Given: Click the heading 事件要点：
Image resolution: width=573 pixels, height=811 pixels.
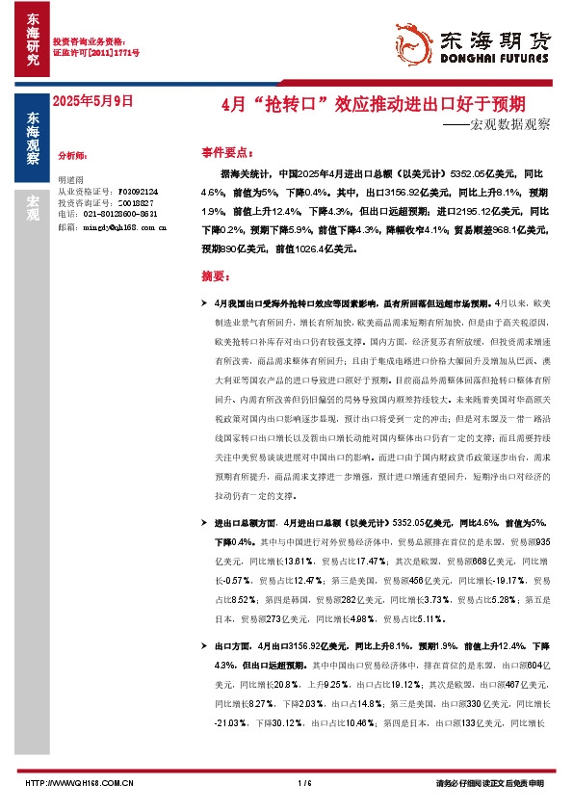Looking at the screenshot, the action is (x=228, y=152).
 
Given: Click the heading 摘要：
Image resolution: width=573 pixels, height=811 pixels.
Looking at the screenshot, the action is (x=217, y=275).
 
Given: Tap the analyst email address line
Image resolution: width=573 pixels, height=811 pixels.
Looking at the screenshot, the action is (x=112, y=226).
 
